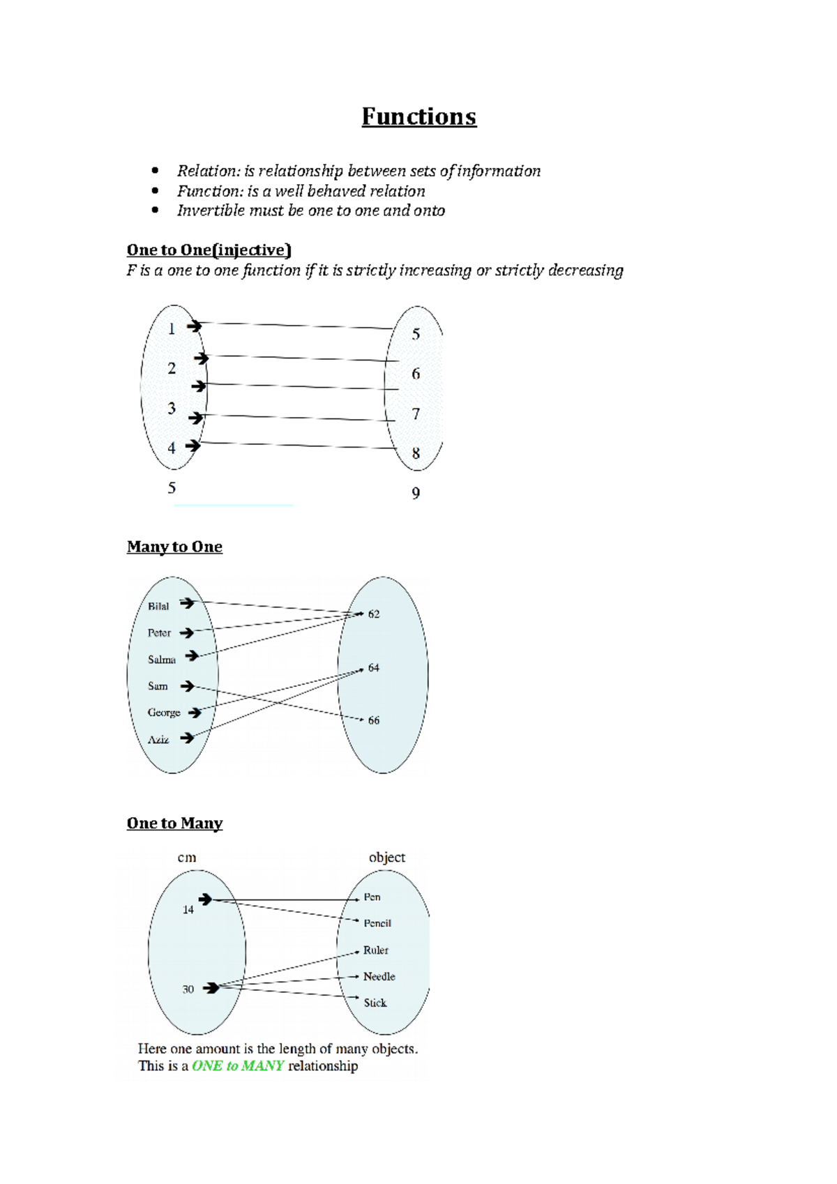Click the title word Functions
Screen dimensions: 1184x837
[x=418, y=116]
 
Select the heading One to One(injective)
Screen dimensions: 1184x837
[x=209, y=250]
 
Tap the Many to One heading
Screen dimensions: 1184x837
[x=174, y=547]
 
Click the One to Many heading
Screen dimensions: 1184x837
[x=174, y=824]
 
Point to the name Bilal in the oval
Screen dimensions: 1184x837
[x=158, y=607]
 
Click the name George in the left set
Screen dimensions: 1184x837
[x=164, y=713]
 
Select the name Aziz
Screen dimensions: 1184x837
[x=158, y=740]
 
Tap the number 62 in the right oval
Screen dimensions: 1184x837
[x=374, y=614]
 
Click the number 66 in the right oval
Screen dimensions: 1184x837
[x=374, y=720]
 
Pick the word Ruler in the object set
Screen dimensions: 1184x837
[x=375, y=950]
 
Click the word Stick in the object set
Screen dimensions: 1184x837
[x=375, y=1003]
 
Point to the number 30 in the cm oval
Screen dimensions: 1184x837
[x=188, y=989]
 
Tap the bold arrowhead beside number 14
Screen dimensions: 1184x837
[x=205, y=900]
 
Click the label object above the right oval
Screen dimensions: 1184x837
[x=386, y=858]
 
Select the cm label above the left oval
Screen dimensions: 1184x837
[x=187, y=858]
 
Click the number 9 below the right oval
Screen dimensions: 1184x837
[x=416, y=494]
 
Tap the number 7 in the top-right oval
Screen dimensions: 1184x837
[x=416, y=414]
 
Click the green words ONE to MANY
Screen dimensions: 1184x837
[x=238, y=1066]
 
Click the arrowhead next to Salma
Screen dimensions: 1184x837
[x=192, y=655]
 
